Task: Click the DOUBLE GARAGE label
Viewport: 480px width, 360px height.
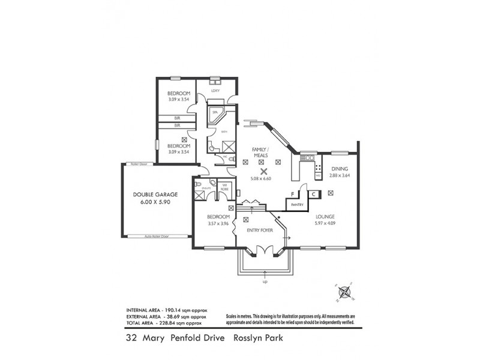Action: click(155, 195)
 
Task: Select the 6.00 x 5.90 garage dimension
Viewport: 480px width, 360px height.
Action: click(155, 204)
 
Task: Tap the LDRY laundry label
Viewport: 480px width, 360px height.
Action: click(215, 91)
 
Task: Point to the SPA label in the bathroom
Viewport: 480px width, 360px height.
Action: click(214, 112)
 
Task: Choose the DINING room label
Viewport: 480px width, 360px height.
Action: click(340, 169)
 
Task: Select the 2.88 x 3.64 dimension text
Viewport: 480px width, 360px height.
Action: click(340, 176)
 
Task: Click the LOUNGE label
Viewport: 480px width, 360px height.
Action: click(324, 217)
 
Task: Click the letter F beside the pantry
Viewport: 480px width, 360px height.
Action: click(292, 194)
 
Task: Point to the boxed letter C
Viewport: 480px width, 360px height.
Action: click(313, 194)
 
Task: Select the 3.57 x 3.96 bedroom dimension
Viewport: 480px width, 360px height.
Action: click(218, 224)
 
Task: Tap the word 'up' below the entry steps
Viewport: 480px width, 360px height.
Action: click(264, 281)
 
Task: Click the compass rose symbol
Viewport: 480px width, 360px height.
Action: click(344, 293)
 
